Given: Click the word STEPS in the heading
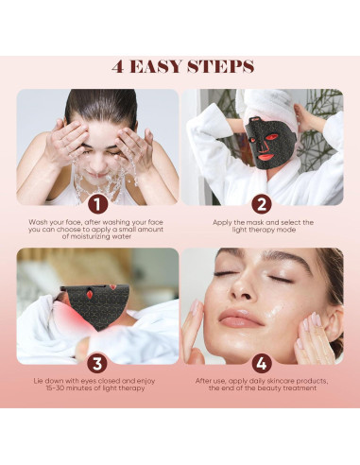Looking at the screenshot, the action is (220, 66).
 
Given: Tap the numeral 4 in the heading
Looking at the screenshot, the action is (118, 66).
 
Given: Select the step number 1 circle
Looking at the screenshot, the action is (97, 205).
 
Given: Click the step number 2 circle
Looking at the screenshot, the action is (262, 205).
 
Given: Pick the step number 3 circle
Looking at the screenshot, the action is (97, 364).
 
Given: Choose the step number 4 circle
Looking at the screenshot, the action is (262, 364).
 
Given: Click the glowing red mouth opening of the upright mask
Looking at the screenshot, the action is (266, 156).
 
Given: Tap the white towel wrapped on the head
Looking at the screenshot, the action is (270, 104).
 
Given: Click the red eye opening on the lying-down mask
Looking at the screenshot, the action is (90, 294).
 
